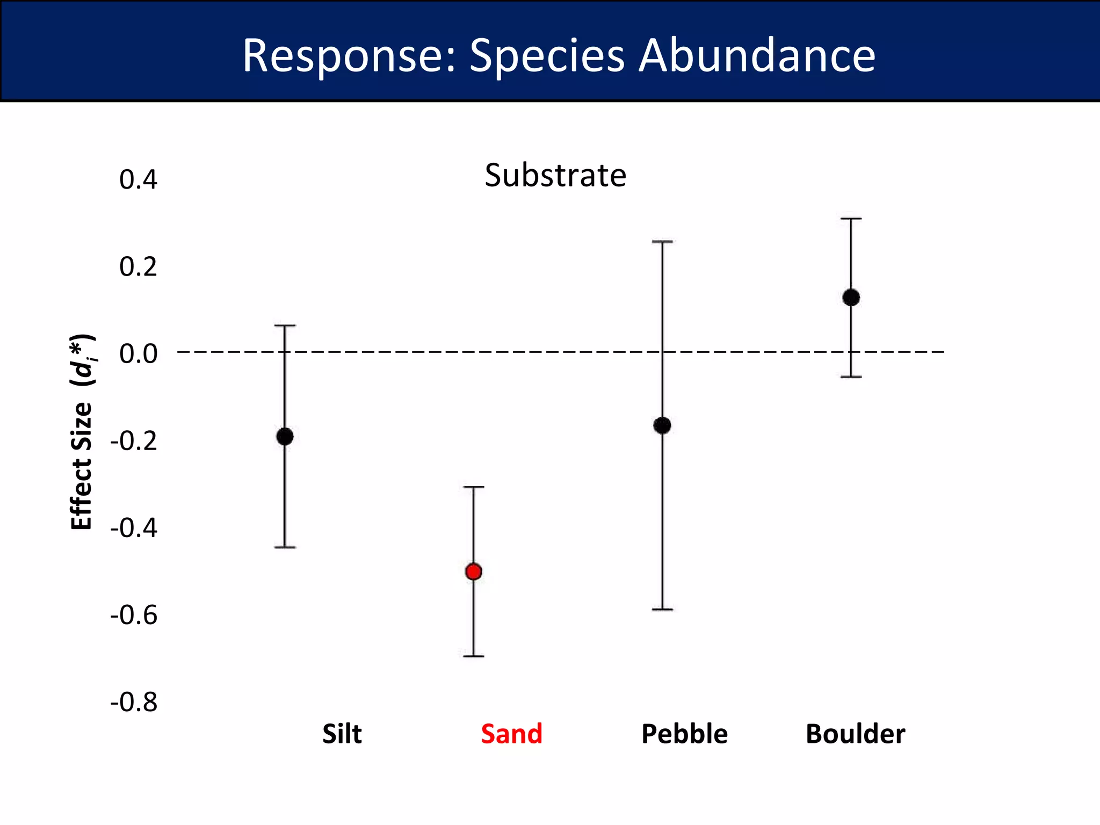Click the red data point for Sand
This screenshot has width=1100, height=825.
(x=473, y=571)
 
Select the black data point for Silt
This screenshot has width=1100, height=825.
(x=285, y=436)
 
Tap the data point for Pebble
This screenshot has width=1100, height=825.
(x=662, y=425)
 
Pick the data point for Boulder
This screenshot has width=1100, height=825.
(x=851, y=297)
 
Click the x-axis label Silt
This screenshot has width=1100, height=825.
(x=342, y=734)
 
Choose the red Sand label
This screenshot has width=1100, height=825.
(x=511, y=734)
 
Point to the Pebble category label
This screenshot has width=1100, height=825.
(x=684, y=734)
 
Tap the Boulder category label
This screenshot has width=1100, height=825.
(x=855, y=734)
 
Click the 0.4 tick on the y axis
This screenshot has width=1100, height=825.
(x=138, y=179)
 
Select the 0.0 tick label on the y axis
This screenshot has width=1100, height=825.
(x=138, y=353)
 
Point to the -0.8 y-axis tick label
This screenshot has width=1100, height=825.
(x=134, y=702)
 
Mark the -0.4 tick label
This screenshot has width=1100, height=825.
(x=134, y=527)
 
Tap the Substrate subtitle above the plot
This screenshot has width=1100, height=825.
(x=555, y=175)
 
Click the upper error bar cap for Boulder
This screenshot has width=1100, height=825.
(x=851, y=219)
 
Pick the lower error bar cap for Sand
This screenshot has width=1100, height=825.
(x=473, y=656)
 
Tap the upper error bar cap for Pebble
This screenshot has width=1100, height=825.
(x=662, y=242)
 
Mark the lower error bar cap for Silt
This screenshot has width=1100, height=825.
(x=285, y=547)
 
